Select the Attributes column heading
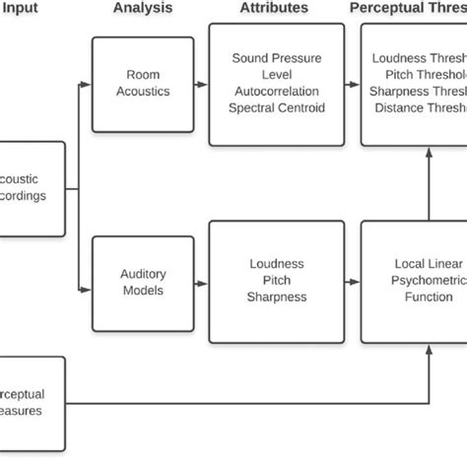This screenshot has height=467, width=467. (274, 9)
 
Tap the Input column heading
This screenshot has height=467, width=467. (21, 9)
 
